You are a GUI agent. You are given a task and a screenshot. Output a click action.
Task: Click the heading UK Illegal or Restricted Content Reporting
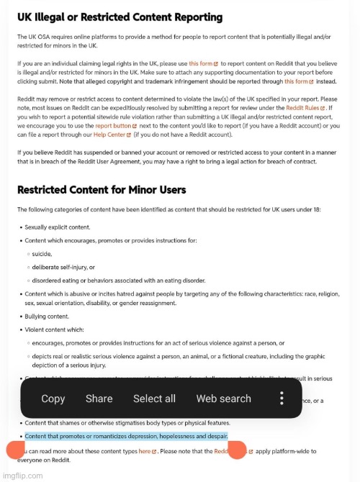coord(120,17)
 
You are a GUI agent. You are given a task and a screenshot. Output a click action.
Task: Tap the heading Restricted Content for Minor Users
coord(102,190)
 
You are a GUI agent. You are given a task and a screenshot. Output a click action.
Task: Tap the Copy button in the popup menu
coord(53,399)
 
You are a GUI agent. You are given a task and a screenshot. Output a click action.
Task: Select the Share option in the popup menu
coord(99,399)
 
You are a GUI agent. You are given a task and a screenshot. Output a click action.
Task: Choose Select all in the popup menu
coord(154,399)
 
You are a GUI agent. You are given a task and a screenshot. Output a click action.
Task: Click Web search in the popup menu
coord(223,399)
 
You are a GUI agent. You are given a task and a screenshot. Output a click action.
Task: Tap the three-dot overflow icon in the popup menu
coord(282,399)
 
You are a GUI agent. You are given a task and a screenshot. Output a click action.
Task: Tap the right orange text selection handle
coord(238,450)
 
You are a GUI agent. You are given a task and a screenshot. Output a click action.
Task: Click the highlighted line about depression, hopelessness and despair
coord(126,437)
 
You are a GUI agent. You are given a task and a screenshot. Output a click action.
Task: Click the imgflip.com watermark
coord(22,476)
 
